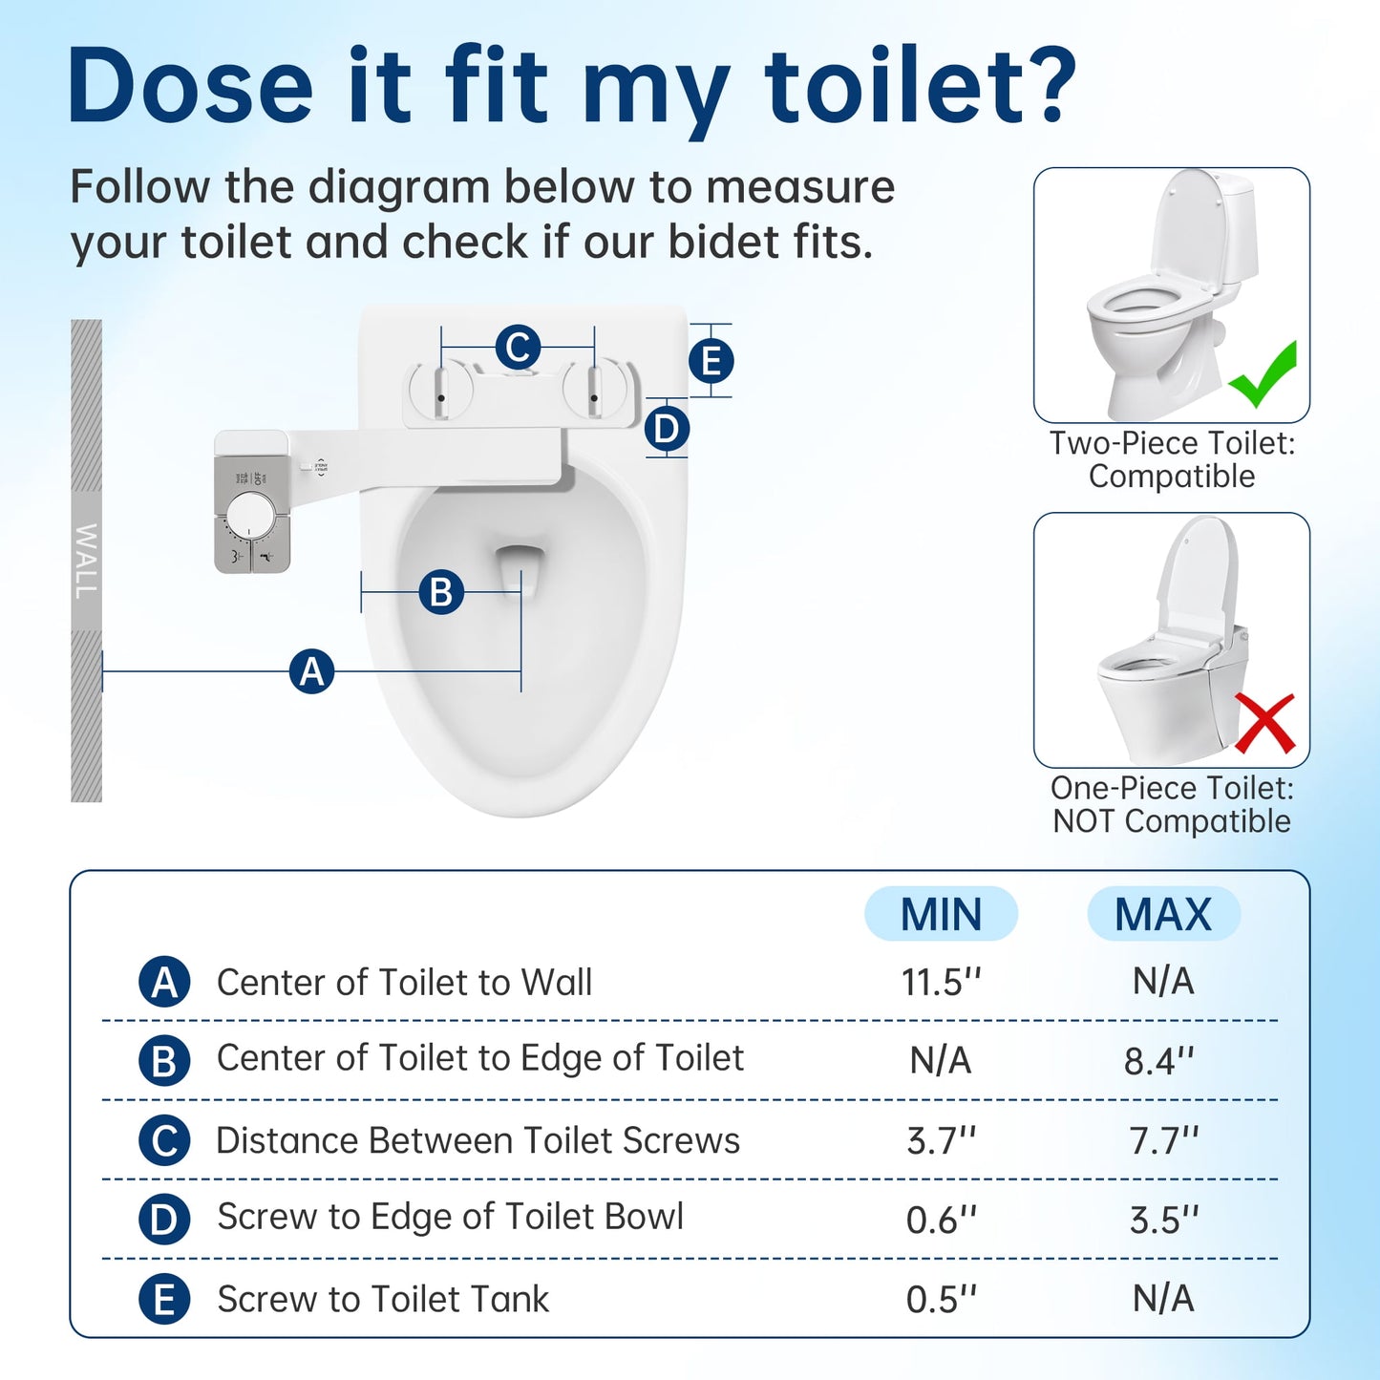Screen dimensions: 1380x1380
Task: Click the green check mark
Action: click(x=1263, y=376)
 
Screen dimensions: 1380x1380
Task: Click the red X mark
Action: click(x=1264, y=723)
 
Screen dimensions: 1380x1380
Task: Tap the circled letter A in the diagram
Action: click(x=312, y=671)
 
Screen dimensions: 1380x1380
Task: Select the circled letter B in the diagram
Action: click(x=441, y=592)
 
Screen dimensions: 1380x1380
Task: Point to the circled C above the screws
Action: click(x=518, y=347)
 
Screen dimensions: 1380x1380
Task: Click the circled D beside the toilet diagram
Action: click(x=667, y=429)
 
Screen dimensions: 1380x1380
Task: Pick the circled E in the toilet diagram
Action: click(x=711, y=362)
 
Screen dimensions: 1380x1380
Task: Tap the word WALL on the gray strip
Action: click(x=86, y=561)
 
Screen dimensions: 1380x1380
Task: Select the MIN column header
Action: click(x=941, y=914)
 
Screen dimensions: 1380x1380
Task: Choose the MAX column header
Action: click(x=1163, y=914)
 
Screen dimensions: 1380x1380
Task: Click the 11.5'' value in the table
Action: click(x=942, y=982)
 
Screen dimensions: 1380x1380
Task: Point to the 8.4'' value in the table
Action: click(x=1159, y=1061)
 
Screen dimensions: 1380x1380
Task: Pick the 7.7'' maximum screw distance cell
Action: click(x=1163, y=1140)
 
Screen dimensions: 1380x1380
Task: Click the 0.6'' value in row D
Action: click(x=942, y=1220)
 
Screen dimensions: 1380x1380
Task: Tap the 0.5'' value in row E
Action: click(x=942, y=1299)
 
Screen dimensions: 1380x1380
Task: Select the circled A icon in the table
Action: click(x=164, y=982)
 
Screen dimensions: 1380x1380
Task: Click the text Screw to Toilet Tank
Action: click(x=383, y=1299)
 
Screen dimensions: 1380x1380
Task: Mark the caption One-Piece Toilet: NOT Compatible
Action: click(x=1172, y=804)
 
